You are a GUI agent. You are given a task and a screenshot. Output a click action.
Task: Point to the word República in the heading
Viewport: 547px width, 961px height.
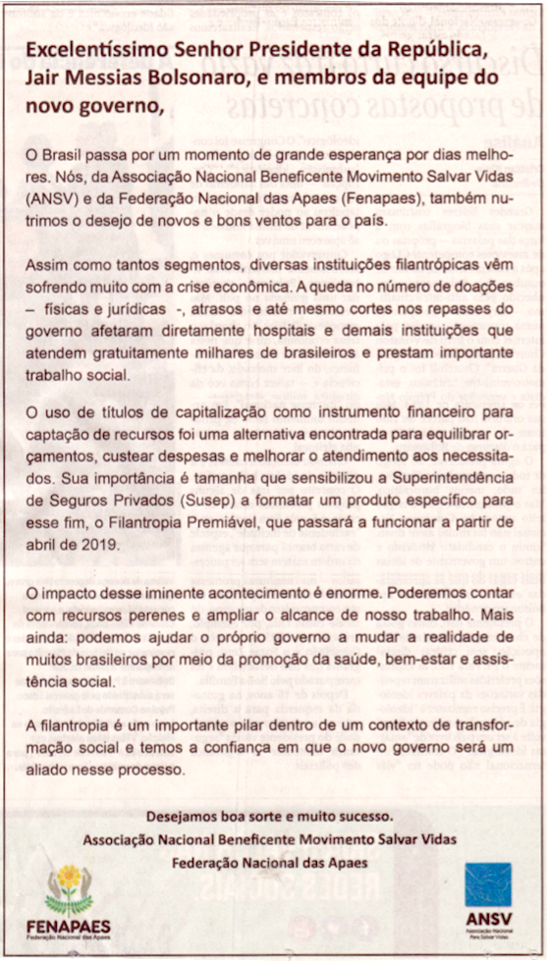(406, 50)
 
